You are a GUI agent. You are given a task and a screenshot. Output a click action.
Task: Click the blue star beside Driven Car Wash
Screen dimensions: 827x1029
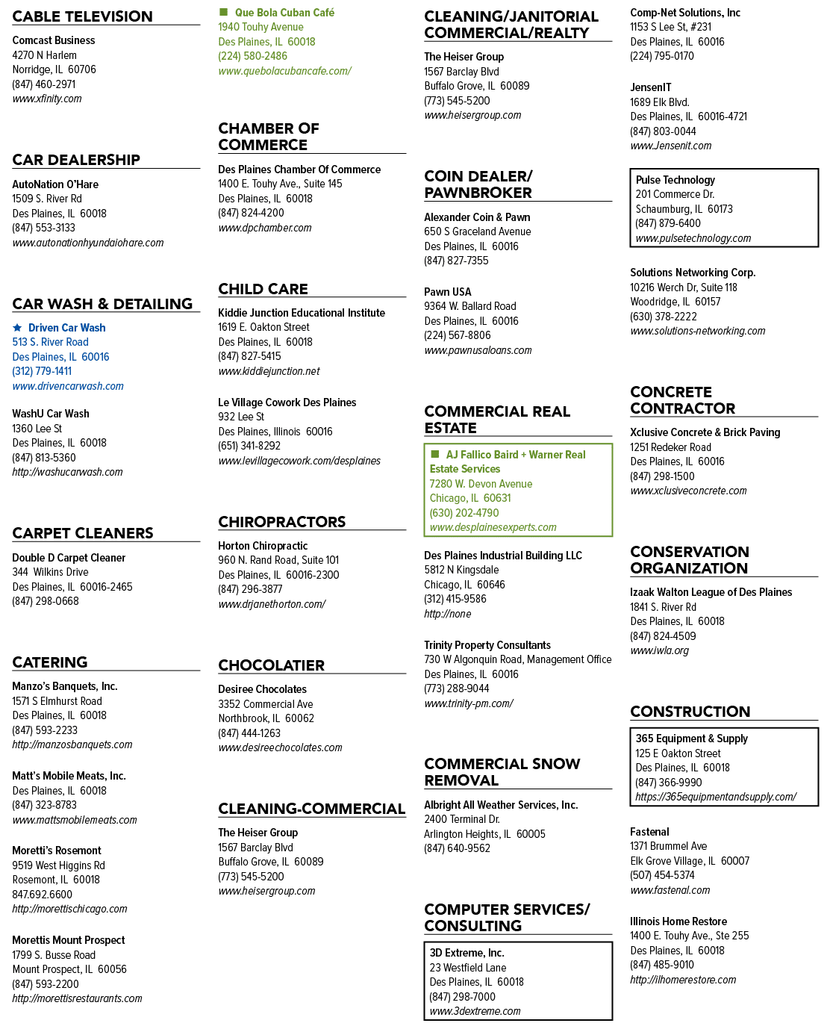17,328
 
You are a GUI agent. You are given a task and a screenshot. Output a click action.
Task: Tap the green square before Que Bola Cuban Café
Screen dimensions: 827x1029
222,11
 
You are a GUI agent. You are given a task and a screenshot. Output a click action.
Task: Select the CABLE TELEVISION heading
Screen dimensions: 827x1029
82,16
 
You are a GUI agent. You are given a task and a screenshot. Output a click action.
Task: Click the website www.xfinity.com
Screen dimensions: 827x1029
47,99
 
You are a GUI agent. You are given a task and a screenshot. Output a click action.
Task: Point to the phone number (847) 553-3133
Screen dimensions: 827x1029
44,228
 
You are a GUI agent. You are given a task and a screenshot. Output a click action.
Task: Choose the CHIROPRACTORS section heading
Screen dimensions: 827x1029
281,522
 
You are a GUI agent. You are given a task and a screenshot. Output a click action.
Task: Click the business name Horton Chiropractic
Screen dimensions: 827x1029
263,546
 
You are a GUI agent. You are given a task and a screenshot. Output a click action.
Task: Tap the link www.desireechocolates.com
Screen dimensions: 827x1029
280,747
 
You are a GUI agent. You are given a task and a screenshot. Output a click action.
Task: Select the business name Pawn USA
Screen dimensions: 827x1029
447,292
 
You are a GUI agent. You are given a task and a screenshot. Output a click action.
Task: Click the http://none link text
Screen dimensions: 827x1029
447,614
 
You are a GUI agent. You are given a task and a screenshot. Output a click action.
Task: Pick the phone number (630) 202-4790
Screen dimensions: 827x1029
464,513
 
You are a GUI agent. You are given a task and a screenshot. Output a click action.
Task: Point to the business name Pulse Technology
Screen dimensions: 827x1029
675,180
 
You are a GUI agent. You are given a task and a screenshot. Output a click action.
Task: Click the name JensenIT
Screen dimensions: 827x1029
651,87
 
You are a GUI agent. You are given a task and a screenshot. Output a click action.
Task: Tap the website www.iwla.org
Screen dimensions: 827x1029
659,650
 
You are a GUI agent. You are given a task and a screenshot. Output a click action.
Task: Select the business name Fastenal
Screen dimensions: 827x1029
649,832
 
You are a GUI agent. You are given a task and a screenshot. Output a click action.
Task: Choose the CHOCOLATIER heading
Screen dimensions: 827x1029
271,665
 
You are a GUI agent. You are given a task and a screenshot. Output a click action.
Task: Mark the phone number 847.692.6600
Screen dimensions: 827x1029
42,894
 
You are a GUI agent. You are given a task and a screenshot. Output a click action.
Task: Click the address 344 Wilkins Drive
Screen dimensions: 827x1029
50,572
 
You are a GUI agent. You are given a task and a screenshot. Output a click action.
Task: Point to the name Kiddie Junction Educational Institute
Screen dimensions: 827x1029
302,313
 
